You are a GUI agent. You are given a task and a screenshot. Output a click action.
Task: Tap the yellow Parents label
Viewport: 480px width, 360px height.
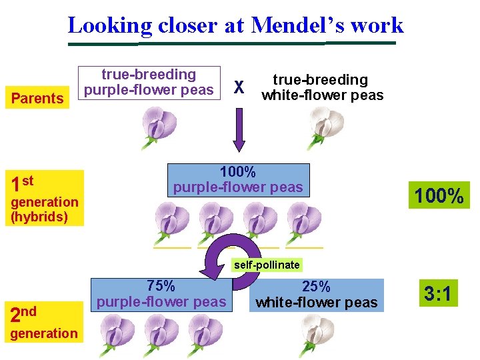click(x=37, y=99)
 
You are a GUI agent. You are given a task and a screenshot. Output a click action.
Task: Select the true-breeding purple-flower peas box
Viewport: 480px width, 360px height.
click(x=149, y=83)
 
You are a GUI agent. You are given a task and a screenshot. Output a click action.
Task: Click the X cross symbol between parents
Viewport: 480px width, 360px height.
click(x=240, y=87)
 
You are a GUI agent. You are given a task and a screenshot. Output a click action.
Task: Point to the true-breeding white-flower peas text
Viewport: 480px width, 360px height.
click(x=322, y=87)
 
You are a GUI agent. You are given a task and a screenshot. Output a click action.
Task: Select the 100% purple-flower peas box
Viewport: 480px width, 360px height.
click(x=238, y=179)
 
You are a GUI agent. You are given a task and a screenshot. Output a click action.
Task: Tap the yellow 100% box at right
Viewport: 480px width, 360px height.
click(x=439, y=196)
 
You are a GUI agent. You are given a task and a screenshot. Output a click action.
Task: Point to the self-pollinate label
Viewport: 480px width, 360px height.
click(x=267, y=265)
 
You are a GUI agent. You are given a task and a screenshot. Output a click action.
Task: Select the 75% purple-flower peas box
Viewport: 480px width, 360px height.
click(x=161, y=294)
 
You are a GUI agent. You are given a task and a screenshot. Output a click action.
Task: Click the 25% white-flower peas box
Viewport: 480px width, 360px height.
click(x=317, y=295)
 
